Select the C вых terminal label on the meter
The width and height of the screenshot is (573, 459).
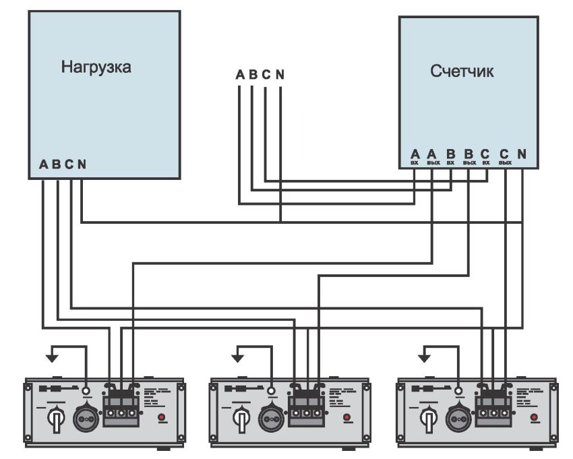tap(504, 156)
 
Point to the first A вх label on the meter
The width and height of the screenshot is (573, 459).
tap(415, 156)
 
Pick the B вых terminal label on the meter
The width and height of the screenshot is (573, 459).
tap(469, 156)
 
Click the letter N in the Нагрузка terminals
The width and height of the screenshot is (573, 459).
tap(82, 164)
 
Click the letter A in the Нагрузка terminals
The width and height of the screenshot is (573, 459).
tap(44, 164)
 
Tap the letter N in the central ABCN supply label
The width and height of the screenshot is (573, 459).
tap(280, 74)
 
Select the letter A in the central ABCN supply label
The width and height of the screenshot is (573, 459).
tap(240, 74)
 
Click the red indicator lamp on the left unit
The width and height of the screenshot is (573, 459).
tap(162, 418)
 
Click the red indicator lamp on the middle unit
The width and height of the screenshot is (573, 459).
tap(347, 418)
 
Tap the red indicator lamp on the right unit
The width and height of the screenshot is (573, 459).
tap(534, 418)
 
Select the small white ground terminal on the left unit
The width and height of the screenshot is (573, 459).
tap(85, 391)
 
